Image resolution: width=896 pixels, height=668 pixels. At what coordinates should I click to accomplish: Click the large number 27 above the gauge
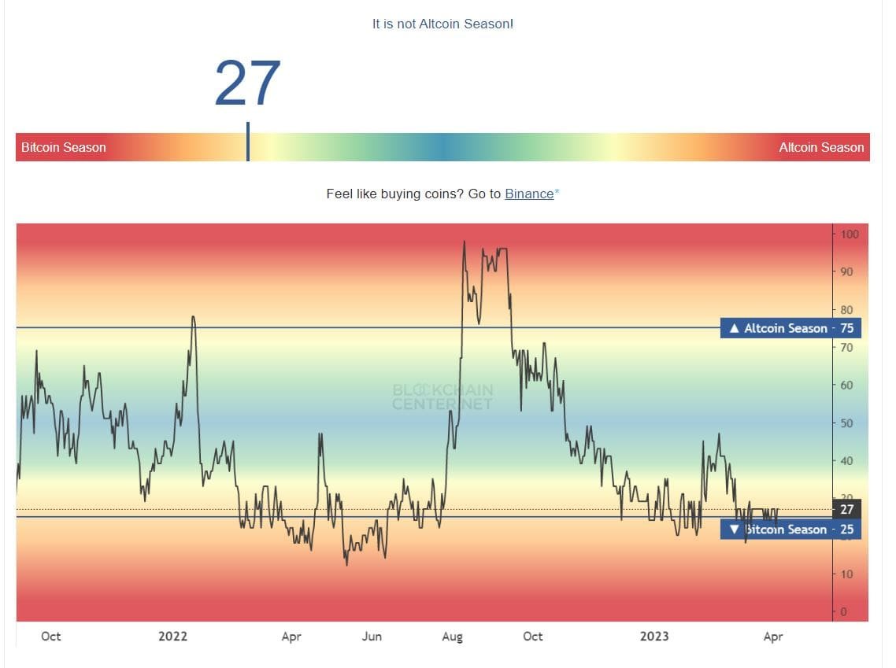[247, 83]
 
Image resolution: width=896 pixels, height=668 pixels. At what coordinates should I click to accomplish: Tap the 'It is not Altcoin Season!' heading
[442, 24]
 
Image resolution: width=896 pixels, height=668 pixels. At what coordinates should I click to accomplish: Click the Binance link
[529, 194]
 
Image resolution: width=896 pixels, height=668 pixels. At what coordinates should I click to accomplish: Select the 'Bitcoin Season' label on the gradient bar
[63, 147]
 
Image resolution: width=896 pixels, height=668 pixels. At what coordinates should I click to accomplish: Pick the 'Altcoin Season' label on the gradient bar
[821, 147]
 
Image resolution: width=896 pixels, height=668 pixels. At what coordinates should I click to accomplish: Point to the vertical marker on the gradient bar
[248, 142]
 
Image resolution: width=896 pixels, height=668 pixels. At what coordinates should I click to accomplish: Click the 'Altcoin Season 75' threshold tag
[790, 328]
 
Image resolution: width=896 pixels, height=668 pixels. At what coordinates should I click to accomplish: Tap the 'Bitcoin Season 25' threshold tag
[790, 530]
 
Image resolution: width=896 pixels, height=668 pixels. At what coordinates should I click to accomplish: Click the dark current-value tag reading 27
[846, 509]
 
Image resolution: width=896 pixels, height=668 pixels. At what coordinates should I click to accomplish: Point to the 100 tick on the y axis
[849, 234]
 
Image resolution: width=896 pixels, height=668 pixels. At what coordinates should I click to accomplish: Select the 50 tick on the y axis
[847, 423]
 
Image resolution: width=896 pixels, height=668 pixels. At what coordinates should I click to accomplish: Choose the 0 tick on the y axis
[844, 612]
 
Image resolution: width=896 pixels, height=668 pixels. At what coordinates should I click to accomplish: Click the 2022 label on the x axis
[172, 636]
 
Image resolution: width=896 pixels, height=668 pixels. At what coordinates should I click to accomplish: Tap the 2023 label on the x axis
[654, 636]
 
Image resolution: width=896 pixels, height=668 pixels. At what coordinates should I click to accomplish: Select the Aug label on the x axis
[452, 636]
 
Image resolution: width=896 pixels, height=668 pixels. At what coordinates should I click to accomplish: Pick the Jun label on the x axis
[372, 636]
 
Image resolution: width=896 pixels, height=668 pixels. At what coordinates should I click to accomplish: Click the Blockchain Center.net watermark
[442, 397]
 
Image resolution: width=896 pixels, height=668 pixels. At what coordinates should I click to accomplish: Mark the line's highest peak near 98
[465, 242]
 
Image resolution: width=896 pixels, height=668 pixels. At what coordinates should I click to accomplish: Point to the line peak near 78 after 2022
[193, 317]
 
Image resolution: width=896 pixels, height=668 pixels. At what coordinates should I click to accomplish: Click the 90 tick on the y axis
[847, 271]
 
